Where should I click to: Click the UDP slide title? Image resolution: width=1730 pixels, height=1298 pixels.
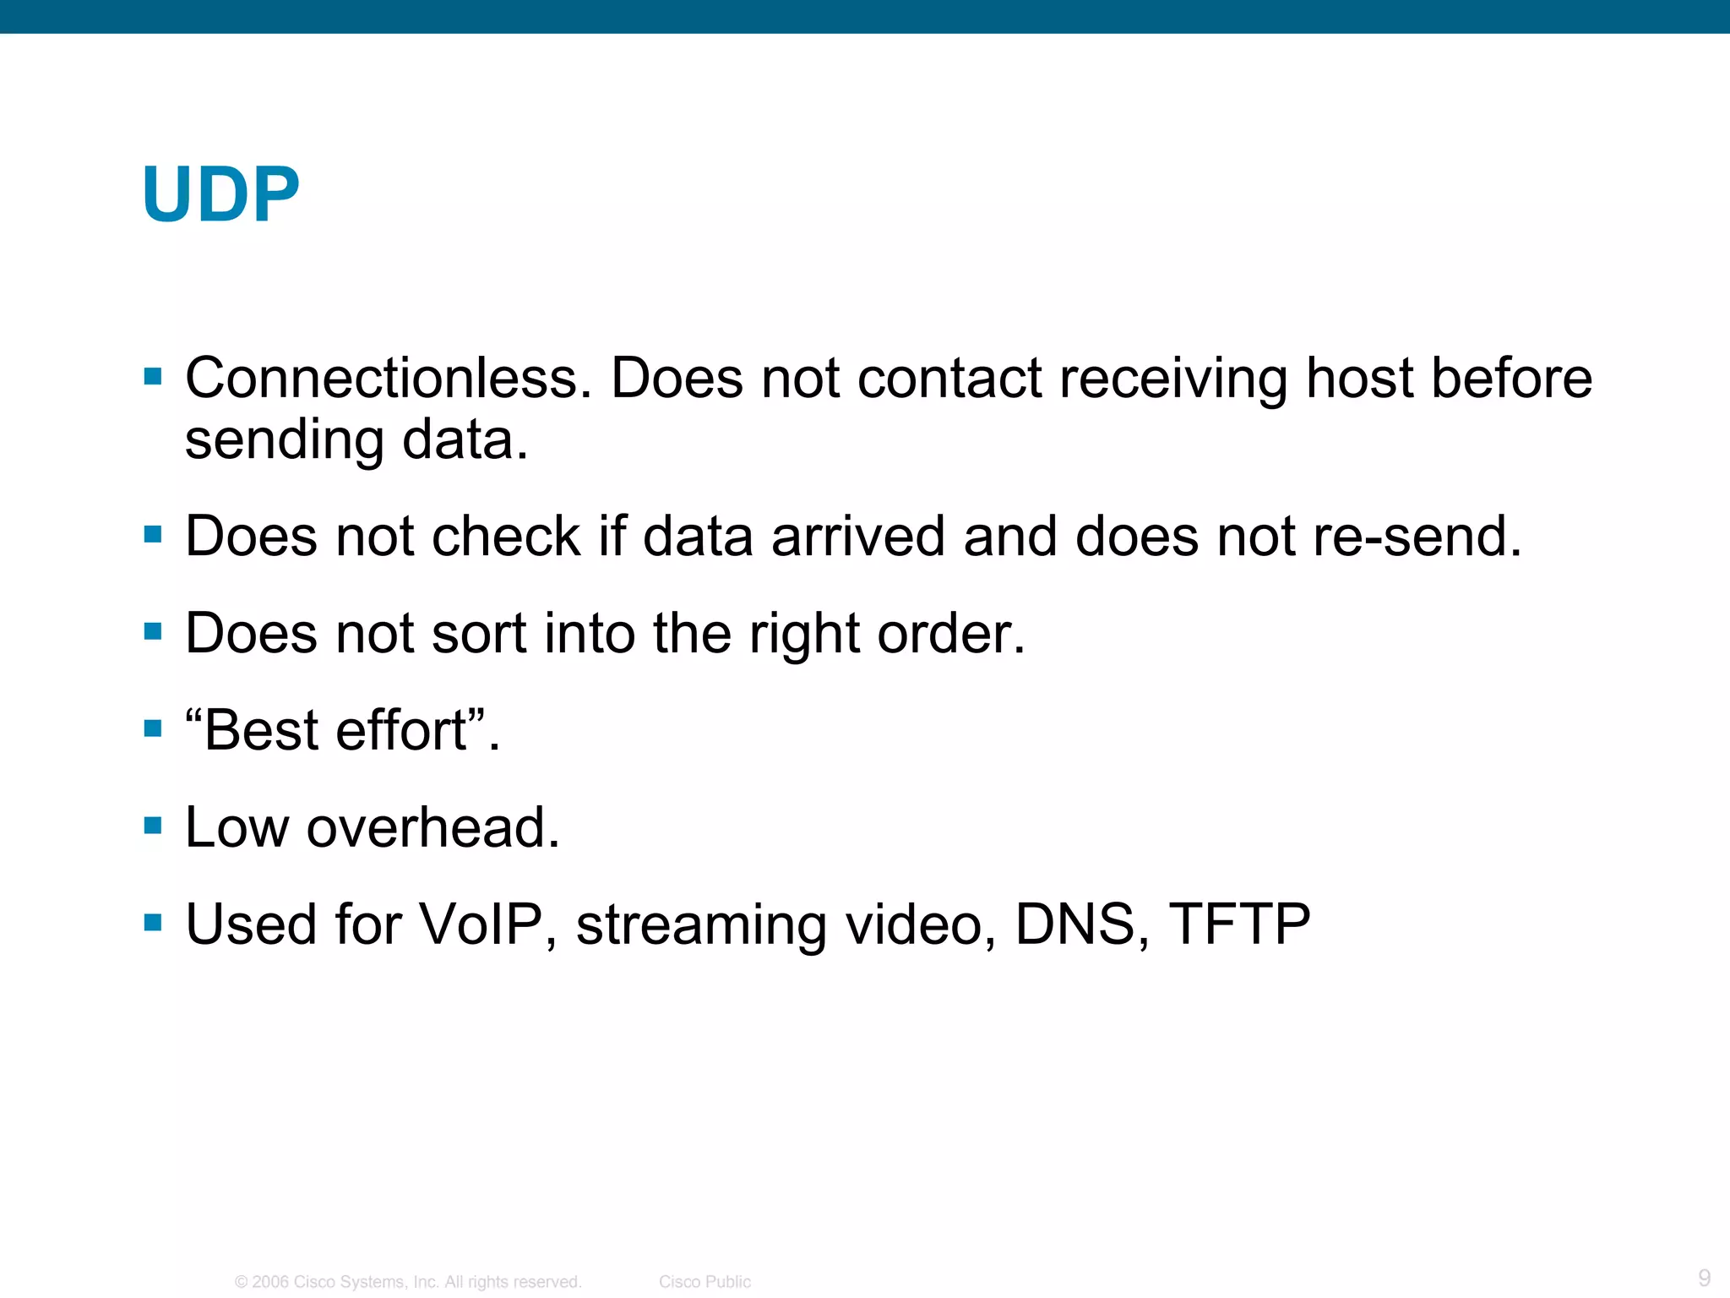pos(221,194)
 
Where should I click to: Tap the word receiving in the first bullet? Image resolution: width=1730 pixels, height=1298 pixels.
pos(1173,378)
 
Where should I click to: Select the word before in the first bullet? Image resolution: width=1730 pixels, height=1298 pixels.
pos(1511,378)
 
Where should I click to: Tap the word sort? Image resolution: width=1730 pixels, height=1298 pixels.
pos(479,633)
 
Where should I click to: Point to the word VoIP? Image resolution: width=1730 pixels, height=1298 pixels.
pos(481,924)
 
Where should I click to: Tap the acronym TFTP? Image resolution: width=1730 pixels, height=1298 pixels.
pos(1239,924)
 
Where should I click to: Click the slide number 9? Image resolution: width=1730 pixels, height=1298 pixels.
pos(1704,1277)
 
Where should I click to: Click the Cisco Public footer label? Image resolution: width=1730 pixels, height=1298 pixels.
pos(705,1282)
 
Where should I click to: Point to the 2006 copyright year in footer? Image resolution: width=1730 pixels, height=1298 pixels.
pos(270,1282)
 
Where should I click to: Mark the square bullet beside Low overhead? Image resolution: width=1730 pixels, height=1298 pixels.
pos(153,825)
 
